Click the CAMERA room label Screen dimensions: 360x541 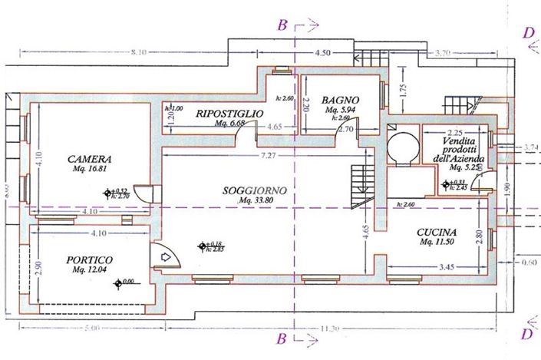click(84, 158)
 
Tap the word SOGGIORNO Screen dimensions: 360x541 click(256, 190)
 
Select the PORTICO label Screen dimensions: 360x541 click(88, 260)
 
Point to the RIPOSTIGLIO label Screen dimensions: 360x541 click(229, 114)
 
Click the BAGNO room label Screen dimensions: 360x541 click(341, 101)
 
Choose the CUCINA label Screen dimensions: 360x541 click(437, 233)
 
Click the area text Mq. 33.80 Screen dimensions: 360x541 click(256, 200)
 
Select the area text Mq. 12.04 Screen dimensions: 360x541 click(88, 270)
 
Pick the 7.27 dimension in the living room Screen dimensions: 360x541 click(269, 157)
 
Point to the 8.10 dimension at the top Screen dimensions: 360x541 click(138, 53)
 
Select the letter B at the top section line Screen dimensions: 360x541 click(283, 26)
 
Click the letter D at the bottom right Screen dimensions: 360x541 click(526, 334)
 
